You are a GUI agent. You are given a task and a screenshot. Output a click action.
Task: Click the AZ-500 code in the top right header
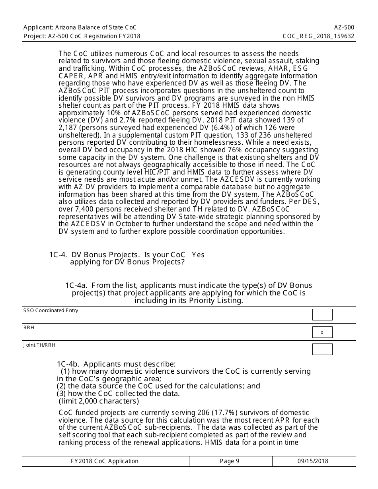point(344,27)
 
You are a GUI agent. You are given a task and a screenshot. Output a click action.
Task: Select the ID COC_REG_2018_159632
point(318,36)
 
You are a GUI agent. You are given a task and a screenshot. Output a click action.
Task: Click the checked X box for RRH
point(322,332)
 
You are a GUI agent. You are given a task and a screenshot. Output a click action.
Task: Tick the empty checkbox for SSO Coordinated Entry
point(322,315)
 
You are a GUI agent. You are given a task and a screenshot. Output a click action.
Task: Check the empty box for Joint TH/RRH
point(322,349)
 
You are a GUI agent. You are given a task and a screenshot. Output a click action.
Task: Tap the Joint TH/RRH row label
point(39,345)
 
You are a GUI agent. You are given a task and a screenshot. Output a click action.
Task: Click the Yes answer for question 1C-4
point(198,255)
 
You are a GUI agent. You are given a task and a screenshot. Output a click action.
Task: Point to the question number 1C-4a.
point(76,285)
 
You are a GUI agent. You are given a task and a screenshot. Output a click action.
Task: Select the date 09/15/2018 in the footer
point(313,461)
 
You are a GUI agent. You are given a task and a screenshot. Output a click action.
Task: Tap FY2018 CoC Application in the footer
point(105,461)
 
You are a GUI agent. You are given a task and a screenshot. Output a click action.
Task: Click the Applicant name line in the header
point(80,27)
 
